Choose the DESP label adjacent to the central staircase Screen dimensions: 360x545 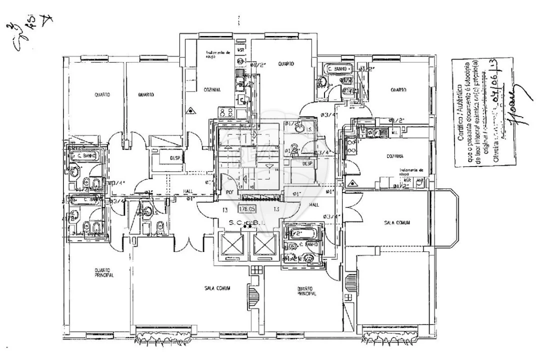click(174, 157)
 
